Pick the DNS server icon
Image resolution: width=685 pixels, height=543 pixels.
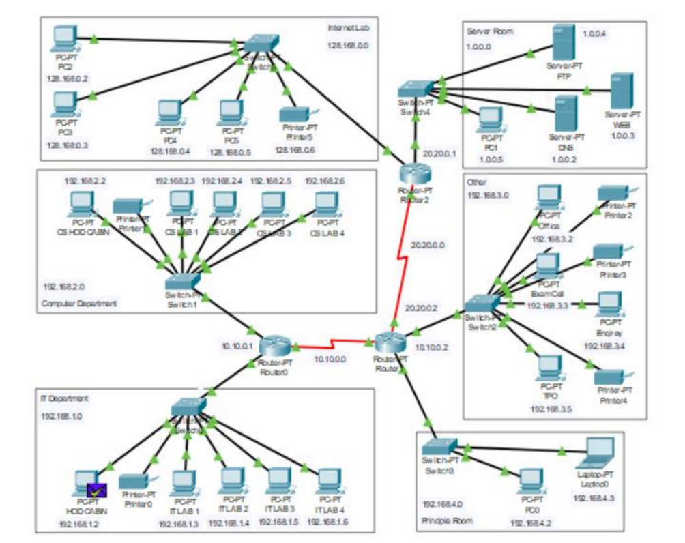(x=566, y=113)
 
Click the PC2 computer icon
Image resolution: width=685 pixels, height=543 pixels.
(x=65, y=40)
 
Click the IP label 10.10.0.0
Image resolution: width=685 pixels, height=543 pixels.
(x=330, y=359)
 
